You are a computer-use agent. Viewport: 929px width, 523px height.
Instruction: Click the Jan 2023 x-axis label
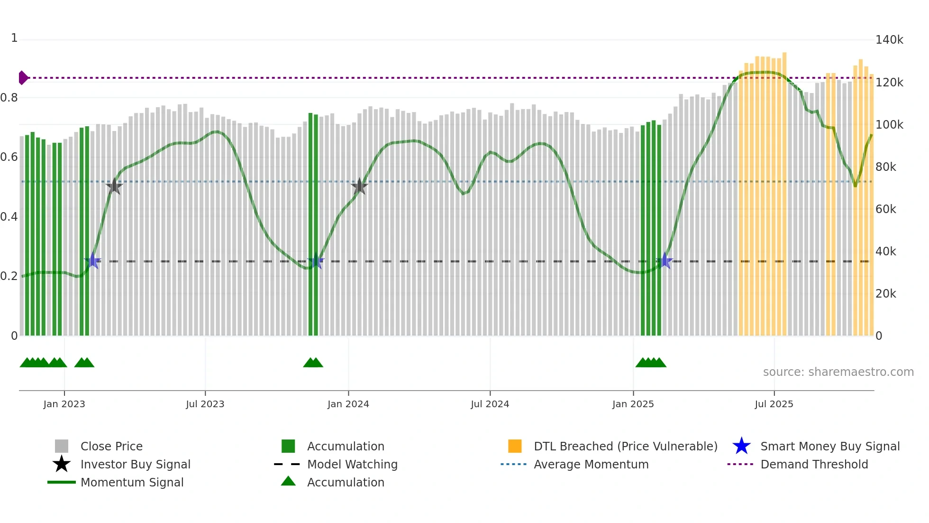coord(64,404)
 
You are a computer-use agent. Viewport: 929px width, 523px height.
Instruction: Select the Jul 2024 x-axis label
coord(490,404)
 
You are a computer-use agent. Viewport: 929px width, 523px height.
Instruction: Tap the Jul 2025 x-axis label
coord(774,404)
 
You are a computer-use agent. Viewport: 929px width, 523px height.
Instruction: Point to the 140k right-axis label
coord(889,40)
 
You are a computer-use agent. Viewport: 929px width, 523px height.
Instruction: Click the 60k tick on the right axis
coord(886,209)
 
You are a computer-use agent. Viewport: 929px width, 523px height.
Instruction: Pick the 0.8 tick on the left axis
coord(9,98)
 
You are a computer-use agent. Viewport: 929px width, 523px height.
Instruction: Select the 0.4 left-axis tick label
coord(9,217)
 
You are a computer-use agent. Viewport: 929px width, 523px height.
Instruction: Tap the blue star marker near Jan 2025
coord(665,261)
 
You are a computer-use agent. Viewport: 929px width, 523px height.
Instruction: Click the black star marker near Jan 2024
coord(359,186)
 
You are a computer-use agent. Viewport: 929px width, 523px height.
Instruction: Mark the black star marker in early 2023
coord(114,186)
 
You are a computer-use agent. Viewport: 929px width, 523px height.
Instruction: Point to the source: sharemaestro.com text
coord(838,372)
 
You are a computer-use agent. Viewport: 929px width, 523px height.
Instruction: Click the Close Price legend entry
coord(111,446)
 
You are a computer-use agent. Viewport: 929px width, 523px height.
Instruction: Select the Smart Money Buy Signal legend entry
coord(829,446)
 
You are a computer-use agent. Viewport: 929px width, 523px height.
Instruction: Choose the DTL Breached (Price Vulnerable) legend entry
coord(625,446)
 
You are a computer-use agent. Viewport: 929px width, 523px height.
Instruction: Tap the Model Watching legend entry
coord(352,464)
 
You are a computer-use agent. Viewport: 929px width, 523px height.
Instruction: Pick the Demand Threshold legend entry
coord(814,464)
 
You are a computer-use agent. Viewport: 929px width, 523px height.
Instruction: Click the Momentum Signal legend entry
coord(132,482)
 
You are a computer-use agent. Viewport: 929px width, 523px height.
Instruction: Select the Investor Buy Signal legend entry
coord(135,464)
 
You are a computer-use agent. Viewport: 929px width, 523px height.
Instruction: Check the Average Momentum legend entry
coord(591,464)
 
